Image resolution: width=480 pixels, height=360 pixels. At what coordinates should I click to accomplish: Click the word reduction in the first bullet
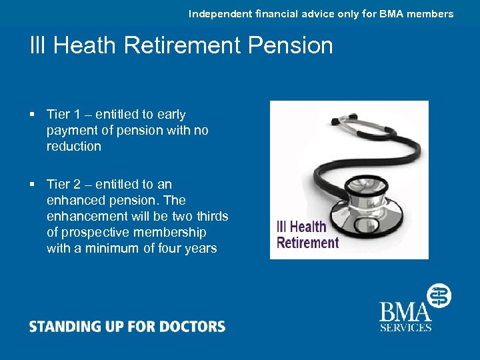tap(73, 147)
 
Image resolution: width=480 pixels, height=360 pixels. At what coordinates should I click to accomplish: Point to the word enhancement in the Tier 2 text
tap(88, 216)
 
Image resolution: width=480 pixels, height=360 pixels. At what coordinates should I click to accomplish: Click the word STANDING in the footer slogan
tap(60, 327)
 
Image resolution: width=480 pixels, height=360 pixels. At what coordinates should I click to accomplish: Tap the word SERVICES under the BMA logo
tap(405, 327)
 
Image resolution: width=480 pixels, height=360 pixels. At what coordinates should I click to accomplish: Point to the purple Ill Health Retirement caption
tap(307, 235)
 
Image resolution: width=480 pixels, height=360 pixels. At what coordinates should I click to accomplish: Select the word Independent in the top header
tap(219, 13)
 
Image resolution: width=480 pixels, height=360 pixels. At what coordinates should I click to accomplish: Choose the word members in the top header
tap(432, 13)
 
